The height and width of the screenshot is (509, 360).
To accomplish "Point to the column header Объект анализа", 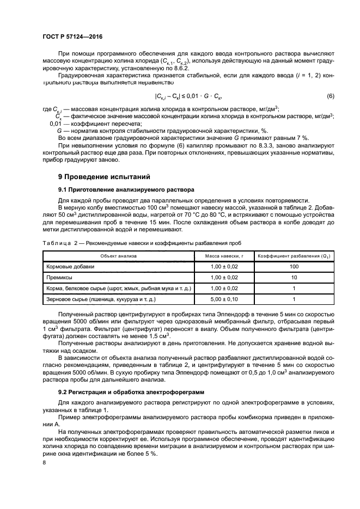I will point(118,255).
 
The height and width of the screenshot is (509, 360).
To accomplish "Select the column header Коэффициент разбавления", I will point(294,255).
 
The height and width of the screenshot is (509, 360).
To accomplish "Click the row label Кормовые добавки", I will point(70,266).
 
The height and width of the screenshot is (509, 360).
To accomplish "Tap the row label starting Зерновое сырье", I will point(101,299).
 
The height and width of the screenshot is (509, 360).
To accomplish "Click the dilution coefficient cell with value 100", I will point(294,266).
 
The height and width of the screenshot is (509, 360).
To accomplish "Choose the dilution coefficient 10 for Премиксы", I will point(294,277).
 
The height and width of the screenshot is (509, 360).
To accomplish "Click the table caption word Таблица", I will point(56,242).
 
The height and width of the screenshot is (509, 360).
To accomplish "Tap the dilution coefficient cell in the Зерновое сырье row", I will point(294,299).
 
